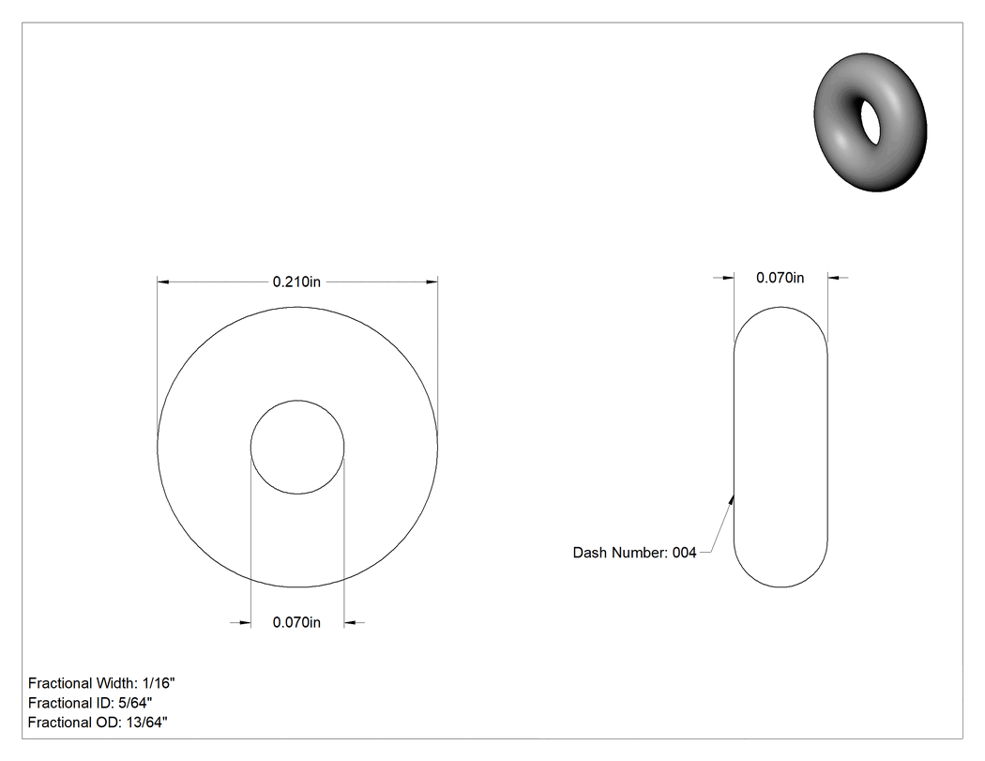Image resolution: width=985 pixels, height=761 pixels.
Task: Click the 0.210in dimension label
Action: [x=296, y=282]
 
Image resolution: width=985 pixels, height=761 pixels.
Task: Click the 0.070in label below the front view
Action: [x=296, y=622]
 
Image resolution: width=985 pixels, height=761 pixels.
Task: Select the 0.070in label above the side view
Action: [x=780, y=278]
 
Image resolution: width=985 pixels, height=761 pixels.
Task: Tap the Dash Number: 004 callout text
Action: [x=634, y=553]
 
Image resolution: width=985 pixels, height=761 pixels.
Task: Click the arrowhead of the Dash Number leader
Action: [x=732, y=499]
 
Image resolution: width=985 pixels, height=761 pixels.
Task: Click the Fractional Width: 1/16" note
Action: [x=101, y=683]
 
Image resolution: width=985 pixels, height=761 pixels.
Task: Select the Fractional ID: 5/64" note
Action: [x=90, y=703]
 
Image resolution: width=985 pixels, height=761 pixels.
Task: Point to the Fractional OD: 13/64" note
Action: [x=98, y=723]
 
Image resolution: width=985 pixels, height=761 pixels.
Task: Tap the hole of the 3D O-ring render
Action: [x=870, y=121]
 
